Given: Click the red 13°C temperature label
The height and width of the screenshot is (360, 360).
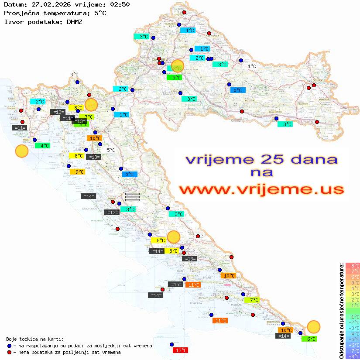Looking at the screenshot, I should click(181, 350).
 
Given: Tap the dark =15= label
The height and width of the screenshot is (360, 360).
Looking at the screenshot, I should click(175, 285).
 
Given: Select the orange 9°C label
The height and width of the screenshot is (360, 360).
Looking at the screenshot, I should click(77, 172).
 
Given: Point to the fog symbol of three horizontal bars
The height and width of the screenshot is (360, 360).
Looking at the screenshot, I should click(132, 197).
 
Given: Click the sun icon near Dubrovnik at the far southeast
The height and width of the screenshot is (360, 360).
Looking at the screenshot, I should click(313, 326).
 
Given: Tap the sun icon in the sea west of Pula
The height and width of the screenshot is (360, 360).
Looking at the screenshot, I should click(21, 151).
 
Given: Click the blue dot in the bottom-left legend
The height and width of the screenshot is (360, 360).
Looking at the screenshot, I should click(10, 346).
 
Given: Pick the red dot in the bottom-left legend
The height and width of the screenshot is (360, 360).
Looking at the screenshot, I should click(10, 352).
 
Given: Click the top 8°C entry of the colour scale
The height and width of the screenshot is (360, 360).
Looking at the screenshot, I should click(353, 265).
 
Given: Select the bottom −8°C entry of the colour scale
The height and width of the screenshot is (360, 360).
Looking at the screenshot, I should click(353, 356).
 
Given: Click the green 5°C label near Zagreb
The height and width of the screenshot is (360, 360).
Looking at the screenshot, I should click(174, 78).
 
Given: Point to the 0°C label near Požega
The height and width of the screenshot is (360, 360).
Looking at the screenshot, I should click(238, 90).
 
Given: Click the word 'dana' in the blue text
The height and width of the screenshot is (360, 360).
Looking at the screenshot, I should click(312, 159).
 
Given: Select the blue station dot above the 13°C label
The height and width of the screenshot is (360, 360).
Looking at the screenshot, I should click(171, 344).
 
